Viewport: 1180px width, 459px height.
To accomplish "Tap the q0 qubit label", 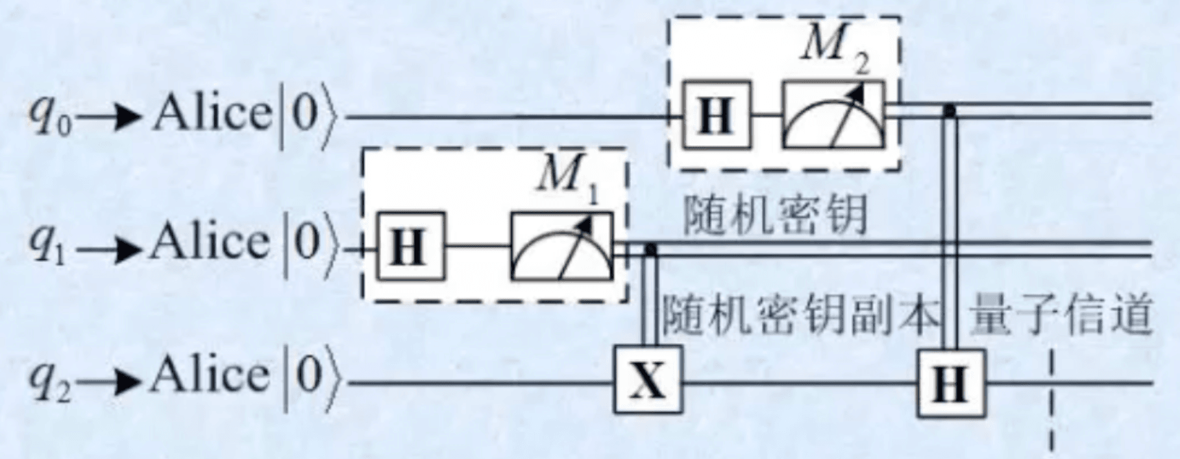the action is coord(48,117).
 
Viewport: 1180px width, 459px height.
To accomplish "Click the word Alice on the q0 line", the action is coord(212,114).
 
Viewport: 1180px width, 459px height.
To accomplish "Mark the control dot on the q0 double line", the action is coord(950,110).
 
